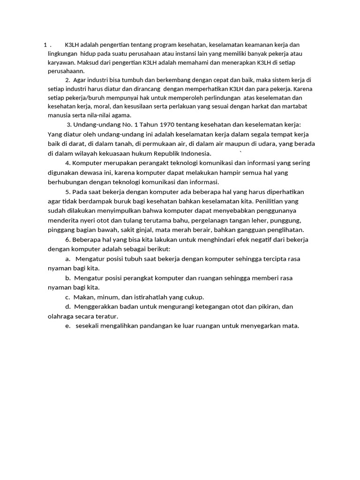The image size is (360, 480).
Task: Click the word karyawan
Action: (x=61, y=62)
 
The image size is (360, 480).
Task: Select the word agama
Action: (x=121, y=115)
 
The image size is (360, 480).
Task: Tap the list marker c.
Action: (x=68, y=297)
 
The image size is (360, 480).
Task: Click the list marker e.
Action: (x=68, y=326)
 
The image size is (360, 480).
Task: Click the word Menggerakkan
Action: (x=100, y=307)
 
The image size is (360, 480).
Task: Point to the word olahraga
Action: (x=62, y=316)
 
